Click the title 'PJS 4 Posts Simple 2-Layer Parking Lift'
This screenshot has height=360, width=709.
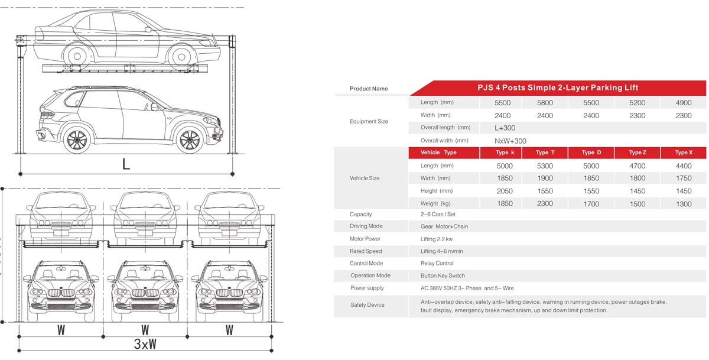[558, 87]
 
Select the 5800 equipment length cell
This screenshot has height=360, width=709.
[545, 103]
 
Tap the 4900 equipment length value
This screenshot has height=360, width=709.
[683, 103]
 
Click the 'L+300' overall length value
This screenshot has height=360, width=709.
[505, 128]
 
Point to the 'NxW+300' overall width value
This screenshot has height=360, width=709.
[510, 141]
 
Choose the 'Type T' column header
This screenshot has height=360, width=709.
[545, 153]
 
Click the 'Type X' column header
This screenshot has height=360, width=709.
[683, 153]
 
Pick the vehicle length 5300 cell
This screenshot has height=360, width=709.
[545, 166]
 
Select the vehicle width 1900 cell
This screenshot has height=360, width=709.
[545, 179]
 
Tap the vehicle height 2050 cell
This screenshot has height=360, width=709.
[505, 191]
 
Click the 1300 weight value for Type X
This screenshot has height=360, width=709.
[683, 204]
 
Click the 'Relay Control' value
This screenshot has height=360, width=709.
[437, 263]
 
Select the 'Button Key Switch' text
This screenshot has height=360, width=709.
[443, 275]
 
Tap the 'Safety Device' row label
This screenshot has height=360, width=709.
[367, 305]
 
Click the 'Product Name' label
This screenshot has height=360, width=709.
[369, 89]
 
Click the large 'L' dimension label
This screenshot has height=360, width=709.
[125, 164]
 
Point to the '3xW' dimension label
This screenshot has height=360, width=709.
[144, 344]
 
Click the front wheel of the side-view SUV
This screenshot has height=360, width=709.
[189, 140]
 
